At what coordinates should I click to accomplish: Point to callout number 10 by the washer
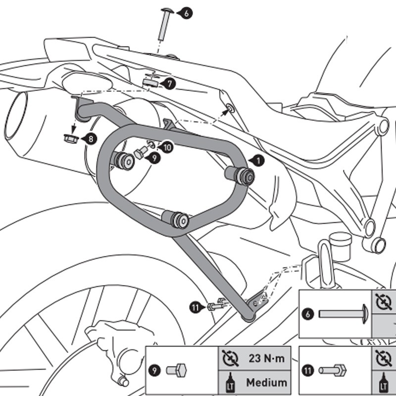click(x=167, y=147)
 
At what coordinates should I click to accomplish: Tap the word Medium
click(x=267, y=382)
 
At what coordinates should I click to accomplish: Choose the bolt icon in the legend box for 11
click(x=332, y=370)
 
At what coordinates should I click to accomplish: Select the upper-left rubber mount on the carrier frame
click(x=124, y=161)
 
